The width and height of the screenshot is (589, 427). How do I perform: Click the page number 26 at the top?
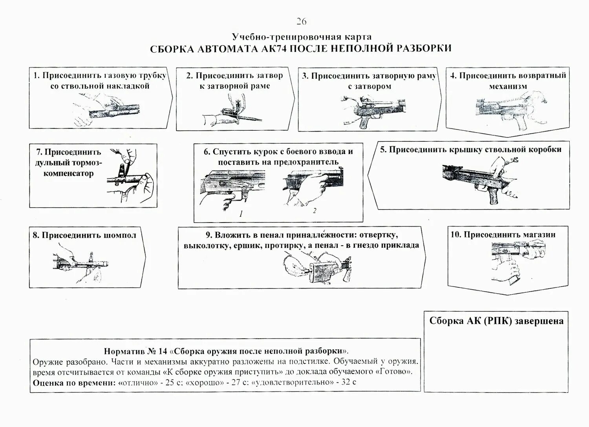click(301, 22)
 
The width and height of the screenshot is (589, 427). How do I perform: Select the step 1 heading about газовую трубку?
click(100, 80)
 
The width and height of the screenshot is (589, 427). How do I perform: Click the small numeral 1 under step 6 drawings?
click(241, 214)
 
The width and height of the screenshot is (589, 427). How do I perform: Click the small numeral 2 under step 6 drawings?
click(315, 211)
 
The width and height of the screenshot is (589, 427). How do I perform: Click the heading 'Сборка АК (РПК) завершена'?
click(496, 321)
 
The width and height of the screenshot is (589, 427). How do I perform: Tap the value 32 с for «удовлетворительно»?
click(348, 382)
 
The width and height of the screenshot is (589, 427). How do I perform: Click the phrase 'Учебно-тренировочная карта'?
click(301, 37)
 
